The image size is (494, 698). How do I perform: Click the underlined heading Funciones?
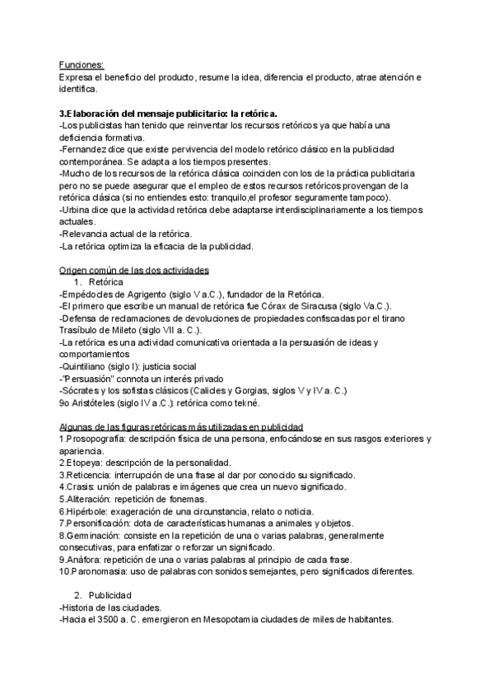pyautogui.click(x=82, y=65)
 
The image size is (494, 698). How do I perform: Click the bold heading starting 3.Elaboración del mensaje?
pyautogui.click(x=168, y=113)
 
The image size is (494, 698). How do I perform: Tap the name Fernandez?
pyautogui.click(x=86, y=149)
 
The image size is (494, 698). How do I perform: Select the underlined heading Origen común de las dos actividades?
pyautogui.click(x=133, y=270)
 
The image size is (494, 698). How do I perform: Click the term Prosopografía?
pyautogui.click(x=96, y=439)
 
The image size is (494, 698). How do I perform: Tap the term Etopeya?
pyautogui.click(x=85, y=463)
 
